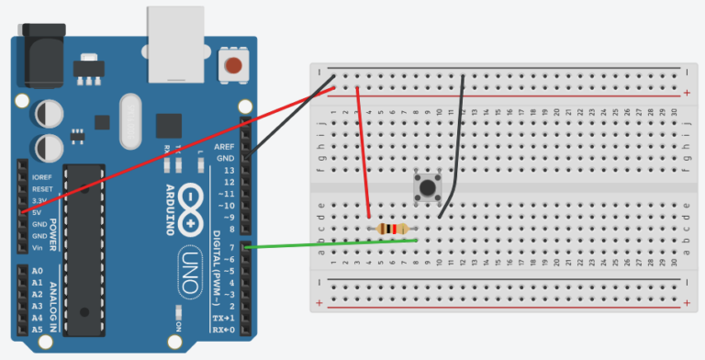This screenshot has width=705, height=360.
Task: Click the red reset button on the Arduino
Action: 236,65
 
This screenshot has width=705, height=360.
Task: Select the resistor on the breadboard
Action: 391,229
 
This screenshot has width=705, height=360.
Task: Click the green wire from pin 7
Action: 330,243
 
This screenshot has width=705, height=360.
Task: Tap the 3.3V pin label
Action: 39,199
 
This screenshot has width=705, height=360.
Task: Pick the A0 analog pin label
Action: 38,272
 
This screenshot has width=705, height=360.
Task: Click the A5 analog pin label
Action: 38,329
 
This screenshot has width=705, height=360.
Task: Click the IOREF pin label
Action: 41,175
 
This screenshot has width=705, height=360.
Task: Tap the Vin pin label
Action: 38,247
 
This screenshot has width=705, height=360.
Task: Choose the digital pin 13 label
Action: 227,170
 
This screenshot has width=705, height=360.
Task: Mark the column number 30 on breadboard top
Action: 674,110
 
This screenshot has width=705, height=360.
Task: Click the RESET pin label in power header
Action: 41,187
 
